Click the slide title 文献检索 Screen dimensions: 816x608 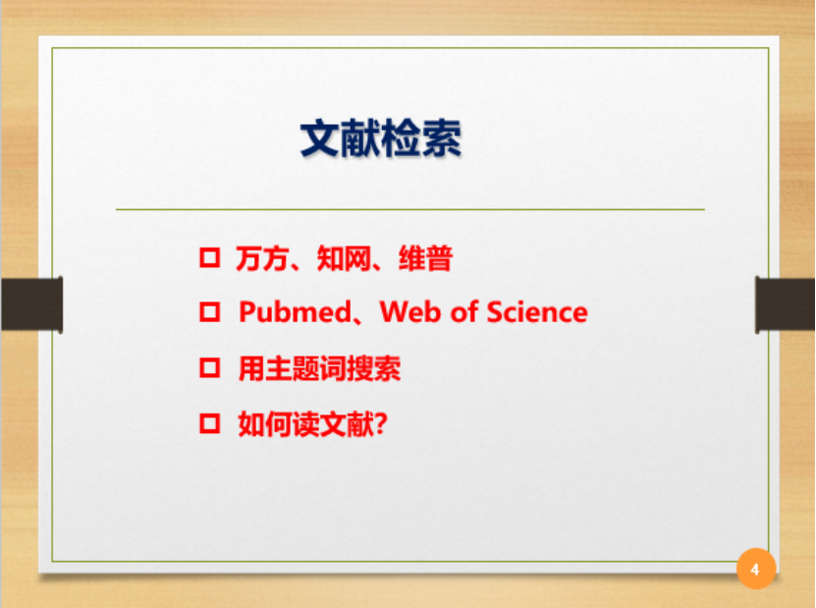pos(380,138)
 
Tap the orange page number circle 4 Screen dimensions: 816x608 pos(756,569)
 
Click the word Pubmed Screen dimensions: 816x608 pos(295,312)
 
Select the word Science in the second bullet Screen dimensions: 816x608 pos(536,312)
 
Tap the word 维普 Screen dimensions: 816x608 pos(426,258)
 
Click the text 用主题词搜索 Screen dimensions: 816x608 pos(319,368)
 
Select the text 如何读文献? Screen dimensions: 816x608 pos(313,423)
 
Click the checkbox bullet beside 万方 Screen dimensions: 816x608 pos(210,257)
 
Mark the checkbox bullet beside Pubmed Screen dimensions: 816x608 pos(210,311)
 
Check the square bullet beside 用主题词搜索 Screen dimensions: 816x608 pos(210,367)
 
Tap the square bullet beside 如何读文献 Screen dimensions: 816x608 pos(210,423)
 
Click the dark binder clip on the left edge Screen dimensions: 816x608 pos(31,304)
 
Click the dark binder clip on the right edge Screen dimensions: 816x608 pos(785,304)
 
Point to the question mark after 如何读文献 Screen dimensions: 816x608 pos(381,423)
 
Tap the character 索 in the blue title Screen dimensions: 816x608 pos(442,138)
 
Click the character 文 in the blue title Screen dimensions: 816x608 pos(320,138)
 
